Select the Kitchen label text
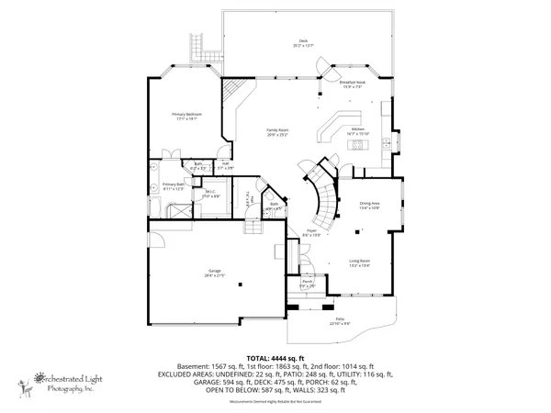click(359, 130)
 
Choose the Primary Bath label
click(174, 186)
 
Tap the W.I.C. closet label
click(210, 194)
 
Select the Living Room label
click(359, 262)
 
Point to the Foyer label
click(311, 232)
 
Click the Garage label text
click(214, 273)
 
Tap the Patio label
click(340, 322)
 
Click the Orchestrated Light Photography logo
click(64, 382)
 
